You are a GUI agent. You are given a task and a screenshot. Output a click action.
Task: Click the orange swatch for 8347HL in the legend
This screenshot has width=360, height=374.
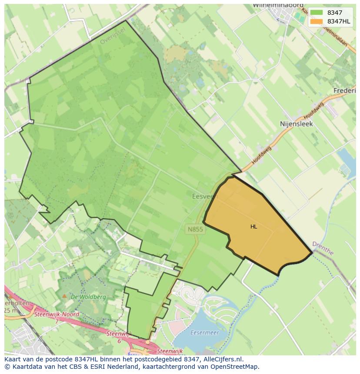point(316,21)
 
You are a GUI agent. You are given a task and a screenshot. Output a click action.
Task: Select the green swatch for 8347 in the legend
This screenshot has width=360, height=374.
point(316,13)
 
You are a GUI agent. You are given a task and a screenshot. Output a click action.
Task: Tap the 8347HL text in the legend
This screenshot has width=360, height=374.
point(340,21)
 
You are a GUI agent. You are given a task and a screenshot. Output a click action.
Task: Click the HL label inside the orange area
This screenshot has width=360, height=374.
point(253,226)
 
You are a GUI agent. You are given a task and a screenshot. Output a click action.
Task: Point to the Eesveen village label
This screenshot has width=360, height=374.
point(204,196)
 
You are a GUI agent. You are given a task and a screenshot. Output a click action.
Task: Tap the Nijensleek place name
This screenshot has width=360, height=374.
point(296,124)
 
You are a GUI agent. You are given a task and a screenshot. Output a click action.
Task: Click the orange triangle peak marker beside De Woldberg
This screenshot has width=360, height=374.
point(65,296)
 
